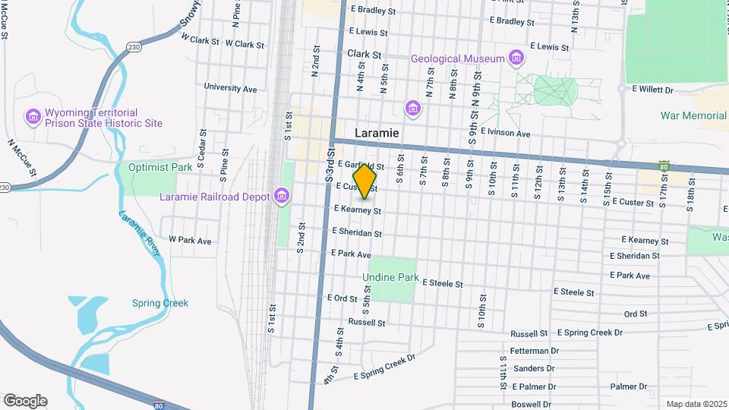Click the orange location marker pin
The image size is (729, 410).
point(365,181)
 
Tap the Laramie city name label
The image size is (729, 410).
point(377,133)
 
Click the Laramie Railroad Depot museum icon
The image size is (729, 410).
point(282,196)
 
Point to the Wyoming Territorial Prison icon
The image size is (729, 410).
point(33,116)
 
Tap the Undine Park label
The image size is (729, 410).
point(390,278)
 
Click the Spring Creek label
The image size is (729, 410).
point(159,303)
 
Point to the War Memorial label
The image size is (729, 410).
point(693,115)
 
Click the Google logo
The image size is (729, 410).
point(24,401)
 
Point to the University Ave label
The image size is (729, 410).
point(230,88)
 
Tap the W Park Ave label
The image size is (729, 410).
point(189,240)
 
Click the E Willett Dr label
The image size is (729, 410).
point(652,90)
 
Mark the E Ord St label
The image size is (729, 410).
point(342,298)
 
